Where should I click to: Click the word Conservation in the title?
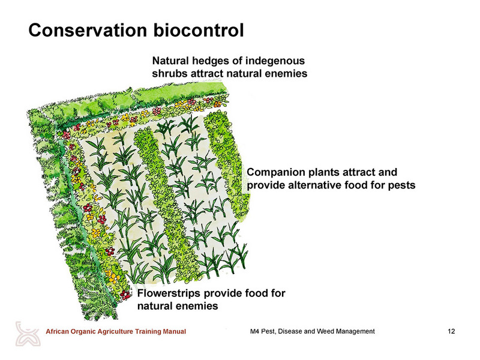(x=88, y=31)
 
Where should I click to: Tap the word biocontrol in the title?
(x=199, y=31)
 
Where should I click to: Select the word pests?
(x=402, y=186)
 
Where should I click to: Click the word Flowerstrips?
(x=169, y=293)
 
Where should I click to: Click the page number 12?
(x=451, y=331)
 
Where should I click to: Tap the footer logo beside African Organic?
(x=28, y=334)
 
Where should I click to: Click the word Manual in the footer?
(x=176, y=332)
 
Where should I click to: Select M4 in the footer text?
(x=254, y=331)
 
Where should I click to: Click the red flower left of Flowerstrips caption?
(x=125, y=295)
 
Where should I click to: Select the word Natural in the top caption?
(x=170, y=61)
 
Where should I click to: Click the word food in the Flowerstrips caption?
(x=257, y=293)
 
